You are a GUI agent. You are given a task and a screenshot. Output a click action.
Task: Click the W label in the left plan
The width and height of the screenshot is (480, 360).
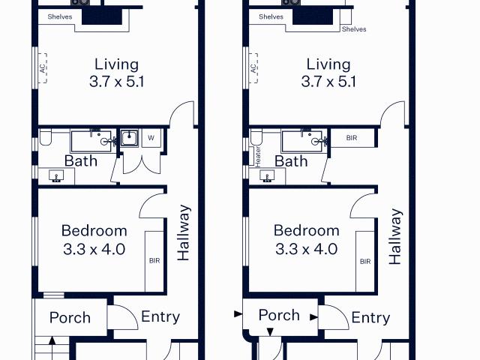[x=151, y=138]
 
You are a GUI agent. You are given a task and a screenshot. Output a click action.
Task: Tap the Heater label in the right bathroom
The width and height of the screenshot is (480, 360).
[x=257, y=156]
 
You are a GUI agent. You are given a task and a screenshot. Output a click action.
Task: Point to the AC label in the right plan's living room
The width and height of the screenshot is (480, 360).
[x=253, y=67]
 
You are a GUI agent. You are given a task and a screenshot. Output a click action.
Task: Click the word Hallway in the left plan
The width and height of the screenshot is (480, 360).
[x=184, y=232]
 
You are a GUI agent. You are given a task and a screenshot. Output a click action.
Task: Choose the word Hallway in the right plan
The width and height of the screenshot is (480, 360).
[x=395, y=236]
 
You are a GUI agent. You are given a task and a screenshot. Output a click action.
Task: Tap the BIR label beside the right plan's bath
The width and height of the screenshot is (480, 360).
[x=352, y=138]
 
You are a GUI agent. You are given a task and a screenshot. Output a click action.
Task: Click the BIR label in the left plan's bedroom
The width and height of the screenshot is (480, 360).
[x=154, y=261]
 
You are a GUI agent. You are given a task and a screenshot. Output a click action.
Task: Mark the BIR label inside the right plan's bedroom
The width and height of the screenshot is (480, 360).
[x=365, y=261]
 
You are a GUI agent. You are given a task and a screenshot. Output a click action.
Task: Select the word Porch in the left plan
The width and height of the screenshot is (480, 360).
[x=70, y=317]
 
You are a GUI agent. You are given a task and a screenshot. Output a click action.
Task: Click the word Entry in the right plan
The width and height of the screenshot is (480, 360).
[x=370, y=318]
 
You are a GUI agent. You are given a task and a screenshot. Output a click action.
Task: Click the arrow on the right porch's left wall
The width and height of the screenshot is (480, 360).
[x=238, y=313]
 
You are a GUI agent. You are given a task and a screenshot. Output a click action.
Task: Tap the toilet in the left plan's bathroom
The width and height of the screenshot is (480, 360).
[x=46, y=138]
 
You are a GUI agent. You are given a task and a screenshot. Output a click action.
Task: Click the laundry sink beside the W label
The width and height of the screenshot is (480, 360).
[x=129, y=138]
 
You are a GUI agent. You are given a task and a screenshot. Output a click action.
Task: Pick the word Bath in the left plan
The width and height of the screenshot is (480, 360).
[x=80, y=161]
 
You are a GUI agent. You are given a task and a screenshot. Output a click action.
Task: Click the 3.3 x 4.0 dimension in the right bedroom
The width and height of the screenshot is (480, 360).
[x=306, y=249]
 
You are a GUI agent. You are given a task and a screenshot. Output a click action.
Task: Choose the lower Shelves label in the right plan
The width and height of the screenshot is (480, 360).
[x=354, y=29]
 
